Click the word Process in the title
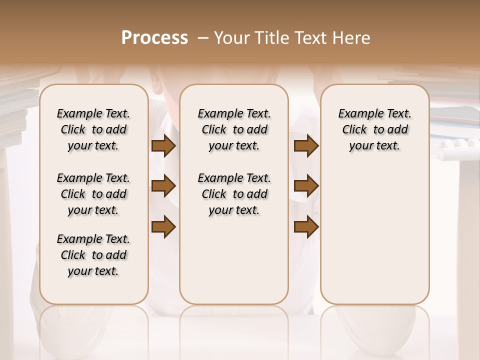(x=154, y=38)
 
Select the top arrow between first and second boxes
(x=163, y=146)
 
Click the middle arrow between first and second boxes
(x=163, y=186)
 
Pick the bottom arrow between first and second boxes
(x=163, y=226)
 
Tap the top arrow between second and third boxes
(x=306, y=146)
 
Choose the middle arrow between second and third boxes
(x=306, y=186)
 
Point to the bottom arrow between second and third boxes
(x=306, y=226)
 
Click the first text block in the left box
(x=93, y=129)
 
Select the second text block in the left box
(x=93, y=194)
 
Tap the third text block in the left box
(x=93, y=255)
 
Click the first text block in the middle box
(x=234, y=129)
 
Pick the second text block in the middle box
(x=234, y=194)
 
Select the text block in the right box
(x=374, y=129)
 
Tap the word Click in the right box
(x=354, y=130)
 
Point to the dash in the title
(x=203, y=38)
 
